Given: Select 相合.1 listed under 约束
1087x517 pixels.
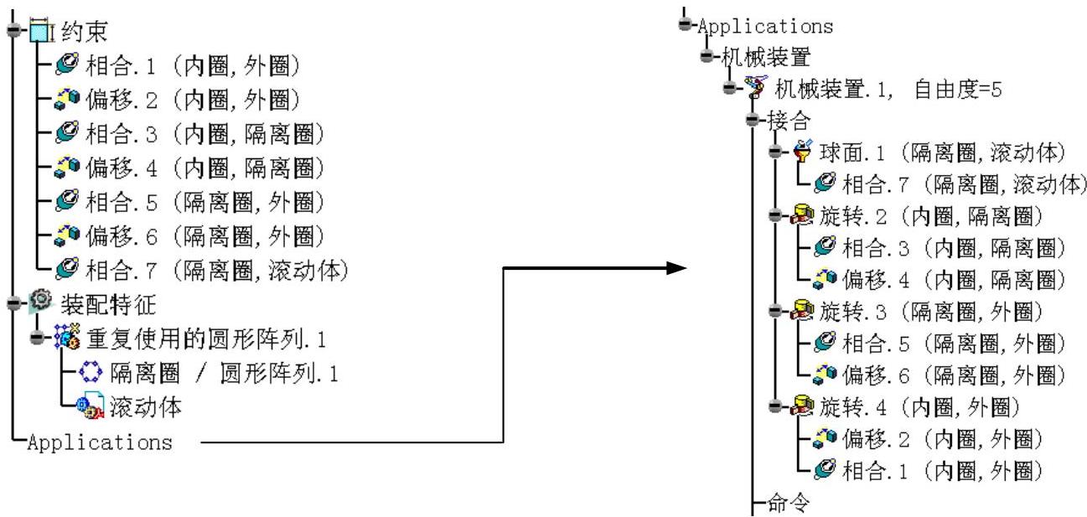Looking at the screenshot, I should (x=192, y=65).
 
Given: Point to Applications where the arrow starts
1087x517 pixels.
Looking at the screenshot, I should (x=100, y=442).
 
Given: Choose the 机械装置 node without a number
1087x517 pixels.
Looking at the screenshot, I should (x=755, y=57).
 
